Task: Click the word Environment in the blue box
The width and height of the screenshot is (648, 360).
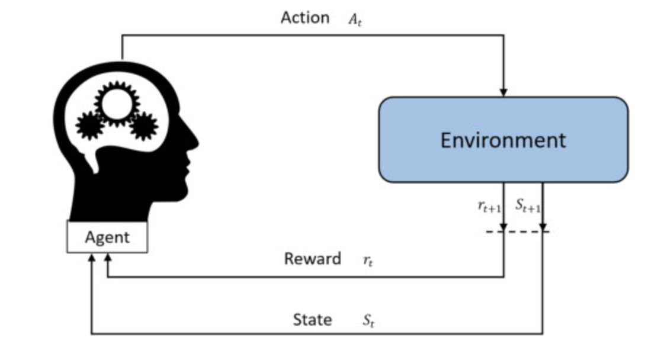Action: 503,140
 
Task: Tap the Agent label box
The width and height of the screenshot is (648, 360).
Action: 107,237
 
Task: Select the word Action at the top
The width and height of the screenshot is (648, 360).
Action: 305,18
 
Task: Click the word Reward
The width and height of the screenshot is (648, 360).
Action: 312,259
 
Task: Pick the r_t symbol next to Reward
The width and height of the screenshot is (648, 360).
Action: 368,261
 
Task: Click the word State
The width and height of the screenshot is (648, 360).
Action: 312,320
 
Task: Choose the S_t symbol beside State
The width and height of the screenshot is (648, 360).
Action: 368,322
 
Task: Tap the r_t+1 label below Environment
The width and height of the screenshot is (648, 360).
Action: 489,206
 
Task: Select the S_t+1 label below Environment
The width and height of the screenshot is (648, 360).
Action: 528,206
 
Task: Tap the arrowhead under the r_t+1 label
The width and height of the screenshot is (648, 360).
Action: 503,226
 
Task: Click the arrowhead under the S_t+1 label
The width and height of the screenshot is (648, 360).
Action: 542,226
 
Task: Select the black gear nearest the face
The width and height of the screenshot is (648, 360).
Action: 143,126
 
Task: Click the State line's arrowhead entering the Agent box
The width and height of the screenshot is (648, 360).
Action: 91,258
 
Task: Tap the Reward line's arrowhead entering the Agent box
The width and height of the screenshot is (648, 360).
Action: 107,258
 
